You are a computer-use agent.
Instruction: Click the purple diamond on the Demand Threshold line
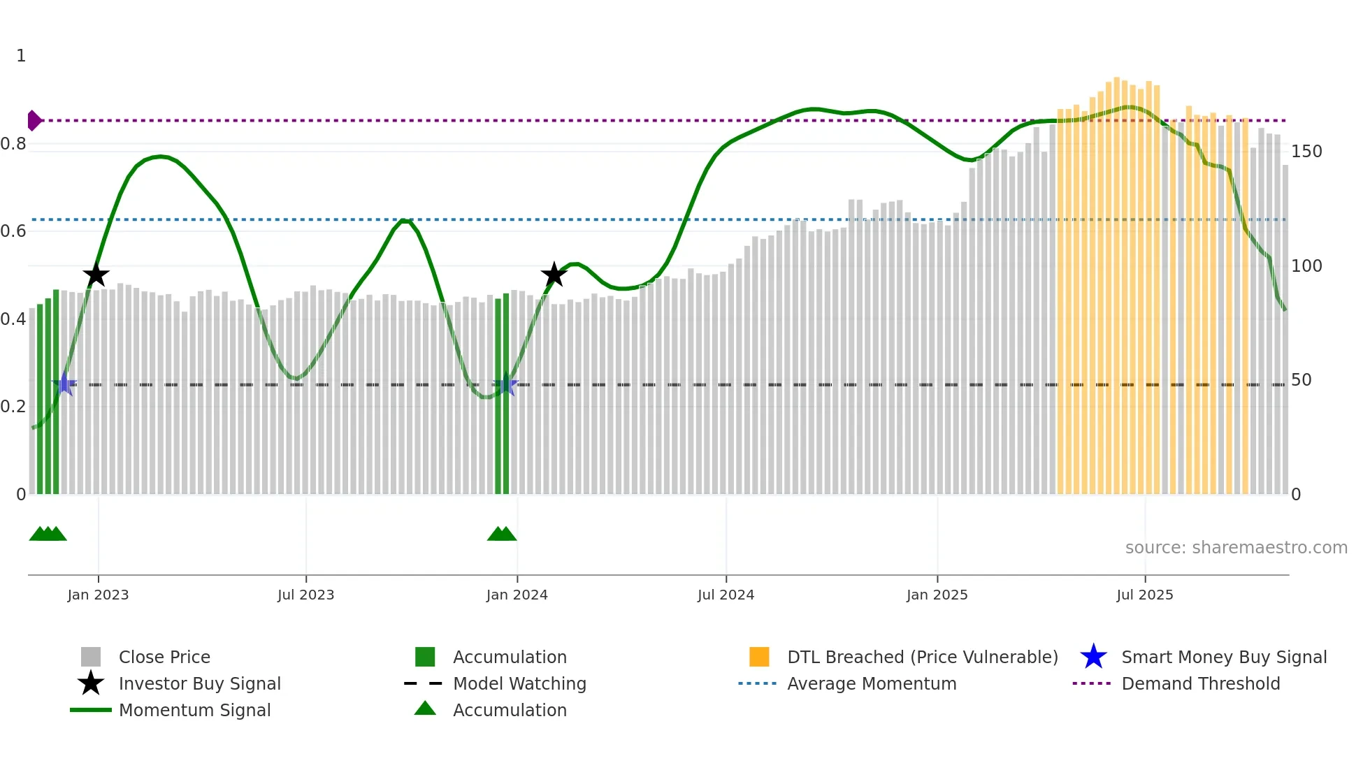[x=34, y=121]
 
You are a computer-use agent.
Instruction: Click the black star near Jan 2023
[x=96, y=275]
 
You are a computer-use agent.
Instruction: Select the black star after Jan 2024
[x=554, y=275]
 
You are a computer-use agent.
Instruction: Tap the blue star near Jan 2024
[x=506, y=384]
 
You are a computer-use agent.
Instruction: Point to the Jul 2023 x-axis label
[x=305, y=595]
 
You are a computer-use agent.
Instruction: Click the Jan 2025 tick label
[x=937, y=595]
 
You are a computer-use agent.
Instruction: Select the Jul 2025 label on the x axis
[x=1144, y=595]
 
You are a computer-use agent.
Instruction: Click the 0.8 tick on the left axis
[x=13, y=144]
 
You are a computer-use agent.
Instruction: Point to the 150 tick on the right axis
[x=1306, y=152]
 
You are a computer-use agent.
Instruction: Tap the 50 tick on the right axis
[x=1301, y=380]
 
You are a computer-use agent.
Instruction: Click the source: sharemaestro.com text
[x=1236, y=547]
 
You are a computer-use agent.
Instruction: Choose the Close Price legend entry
[x=164, y=657]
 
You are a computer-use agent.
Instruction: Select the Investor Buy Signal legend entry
[x=199, y=683]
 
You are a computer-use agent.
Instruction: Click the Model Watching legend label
[x=519, y=683]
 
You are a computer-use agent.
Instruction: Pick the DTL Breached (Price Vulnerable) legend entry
[x=922, y=657]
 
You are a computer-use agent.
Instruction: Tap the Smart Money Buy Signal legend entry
[x=1223, y=657]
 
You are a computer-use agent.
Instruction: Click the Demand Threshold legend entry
[x=1200, y=683]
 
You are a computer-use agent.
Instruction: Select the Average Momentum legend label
[x=871, y=683]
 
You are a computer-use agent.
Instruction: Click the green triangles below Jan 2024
[x=502, y=535]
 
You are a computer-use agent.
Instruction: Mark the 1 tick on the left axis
[x=21, y=56]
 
